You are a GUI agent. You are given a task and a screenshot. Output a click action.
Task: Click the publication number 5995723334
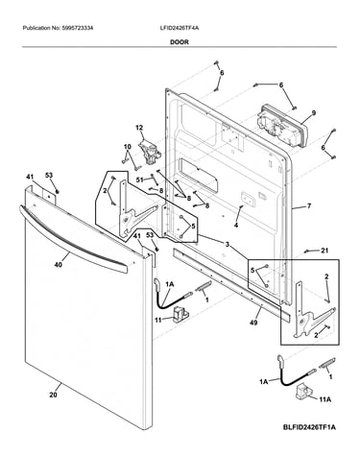click(77, 28)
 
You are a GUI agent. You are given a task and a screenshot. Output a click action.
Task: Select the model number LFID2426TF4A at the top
click(180, 28)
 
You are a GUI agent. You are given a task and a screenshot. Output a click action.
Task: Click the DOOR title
click(180, 42)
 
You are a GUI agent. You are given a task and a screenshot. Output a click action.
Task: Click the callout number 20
click(53, 395)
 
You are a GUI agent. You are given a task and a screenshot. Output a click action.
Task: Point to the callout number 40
click(59, 264)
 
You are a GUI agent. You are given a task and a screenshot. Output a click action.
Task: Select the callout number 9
click(314, 112)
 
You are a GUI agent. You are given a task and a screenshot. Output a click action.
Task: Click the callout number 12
click(139, 128)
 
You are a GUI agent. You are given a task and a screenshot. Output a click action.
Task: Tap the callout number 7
click(309, 206)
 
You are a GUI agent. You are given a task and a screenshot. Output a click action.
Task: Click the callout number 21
click(324, 251)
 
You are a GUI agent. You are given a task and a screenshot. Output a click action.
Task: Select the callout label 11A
click(324, 399)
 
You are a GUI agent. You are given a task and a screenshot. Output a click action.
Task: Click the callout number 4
click(236, 226)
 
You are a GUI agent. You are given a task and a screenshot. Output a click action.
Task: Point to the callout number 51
click(140, 180)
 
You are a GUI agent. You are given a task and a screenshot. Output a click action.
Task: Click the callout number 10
click(128, 147)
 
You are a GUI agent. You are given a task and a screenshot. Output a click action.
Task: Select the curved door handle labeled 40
click(73, 238)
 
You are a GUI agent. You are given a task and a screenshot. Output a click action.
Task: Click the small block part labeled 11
click(180, 314)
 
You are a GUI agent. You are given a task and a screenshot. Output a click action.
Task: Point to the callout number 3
click(227, 245)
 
